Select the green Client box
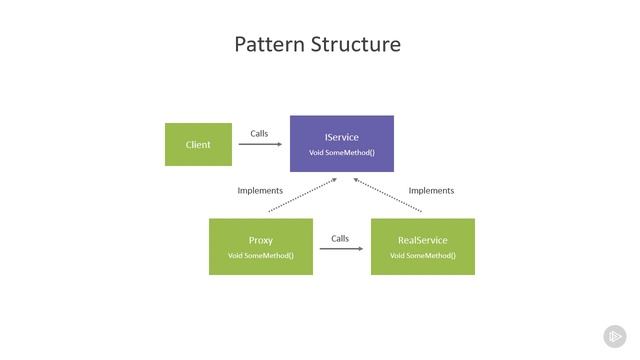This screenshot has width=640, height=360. [x=198, y=144]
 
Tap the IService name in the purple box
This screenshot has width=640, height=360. [x=341, y=137]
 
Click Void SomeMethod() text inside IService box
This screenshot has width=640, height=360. [x=341, y=152]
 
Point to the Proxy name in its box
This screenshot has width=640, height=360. [x=260, y=240]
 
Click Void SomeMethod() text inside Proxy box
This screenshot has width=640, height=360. [x=260, y=255]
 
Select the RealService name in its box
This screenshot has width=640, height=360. [x=422, y=240]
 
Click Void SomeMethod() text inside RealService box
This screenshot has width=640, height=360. [x=422, y=255]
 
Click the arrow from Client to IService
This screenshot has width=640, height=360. [x=260, y=144]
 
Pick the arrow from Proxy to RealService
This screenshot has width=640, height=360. [x=341, y=248]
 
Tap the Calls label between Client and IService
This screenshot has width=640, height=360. [x=259, y=133]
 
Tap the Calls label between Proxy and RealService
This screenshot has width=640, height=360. [x=340, y=238]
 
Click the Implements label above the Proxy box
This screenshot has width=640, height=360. [x=260, y=190]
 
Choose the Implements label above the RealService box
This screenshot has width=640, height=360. [x=431, y=190]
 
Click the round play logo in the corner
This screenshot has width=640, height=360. [x=614, y=336]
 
